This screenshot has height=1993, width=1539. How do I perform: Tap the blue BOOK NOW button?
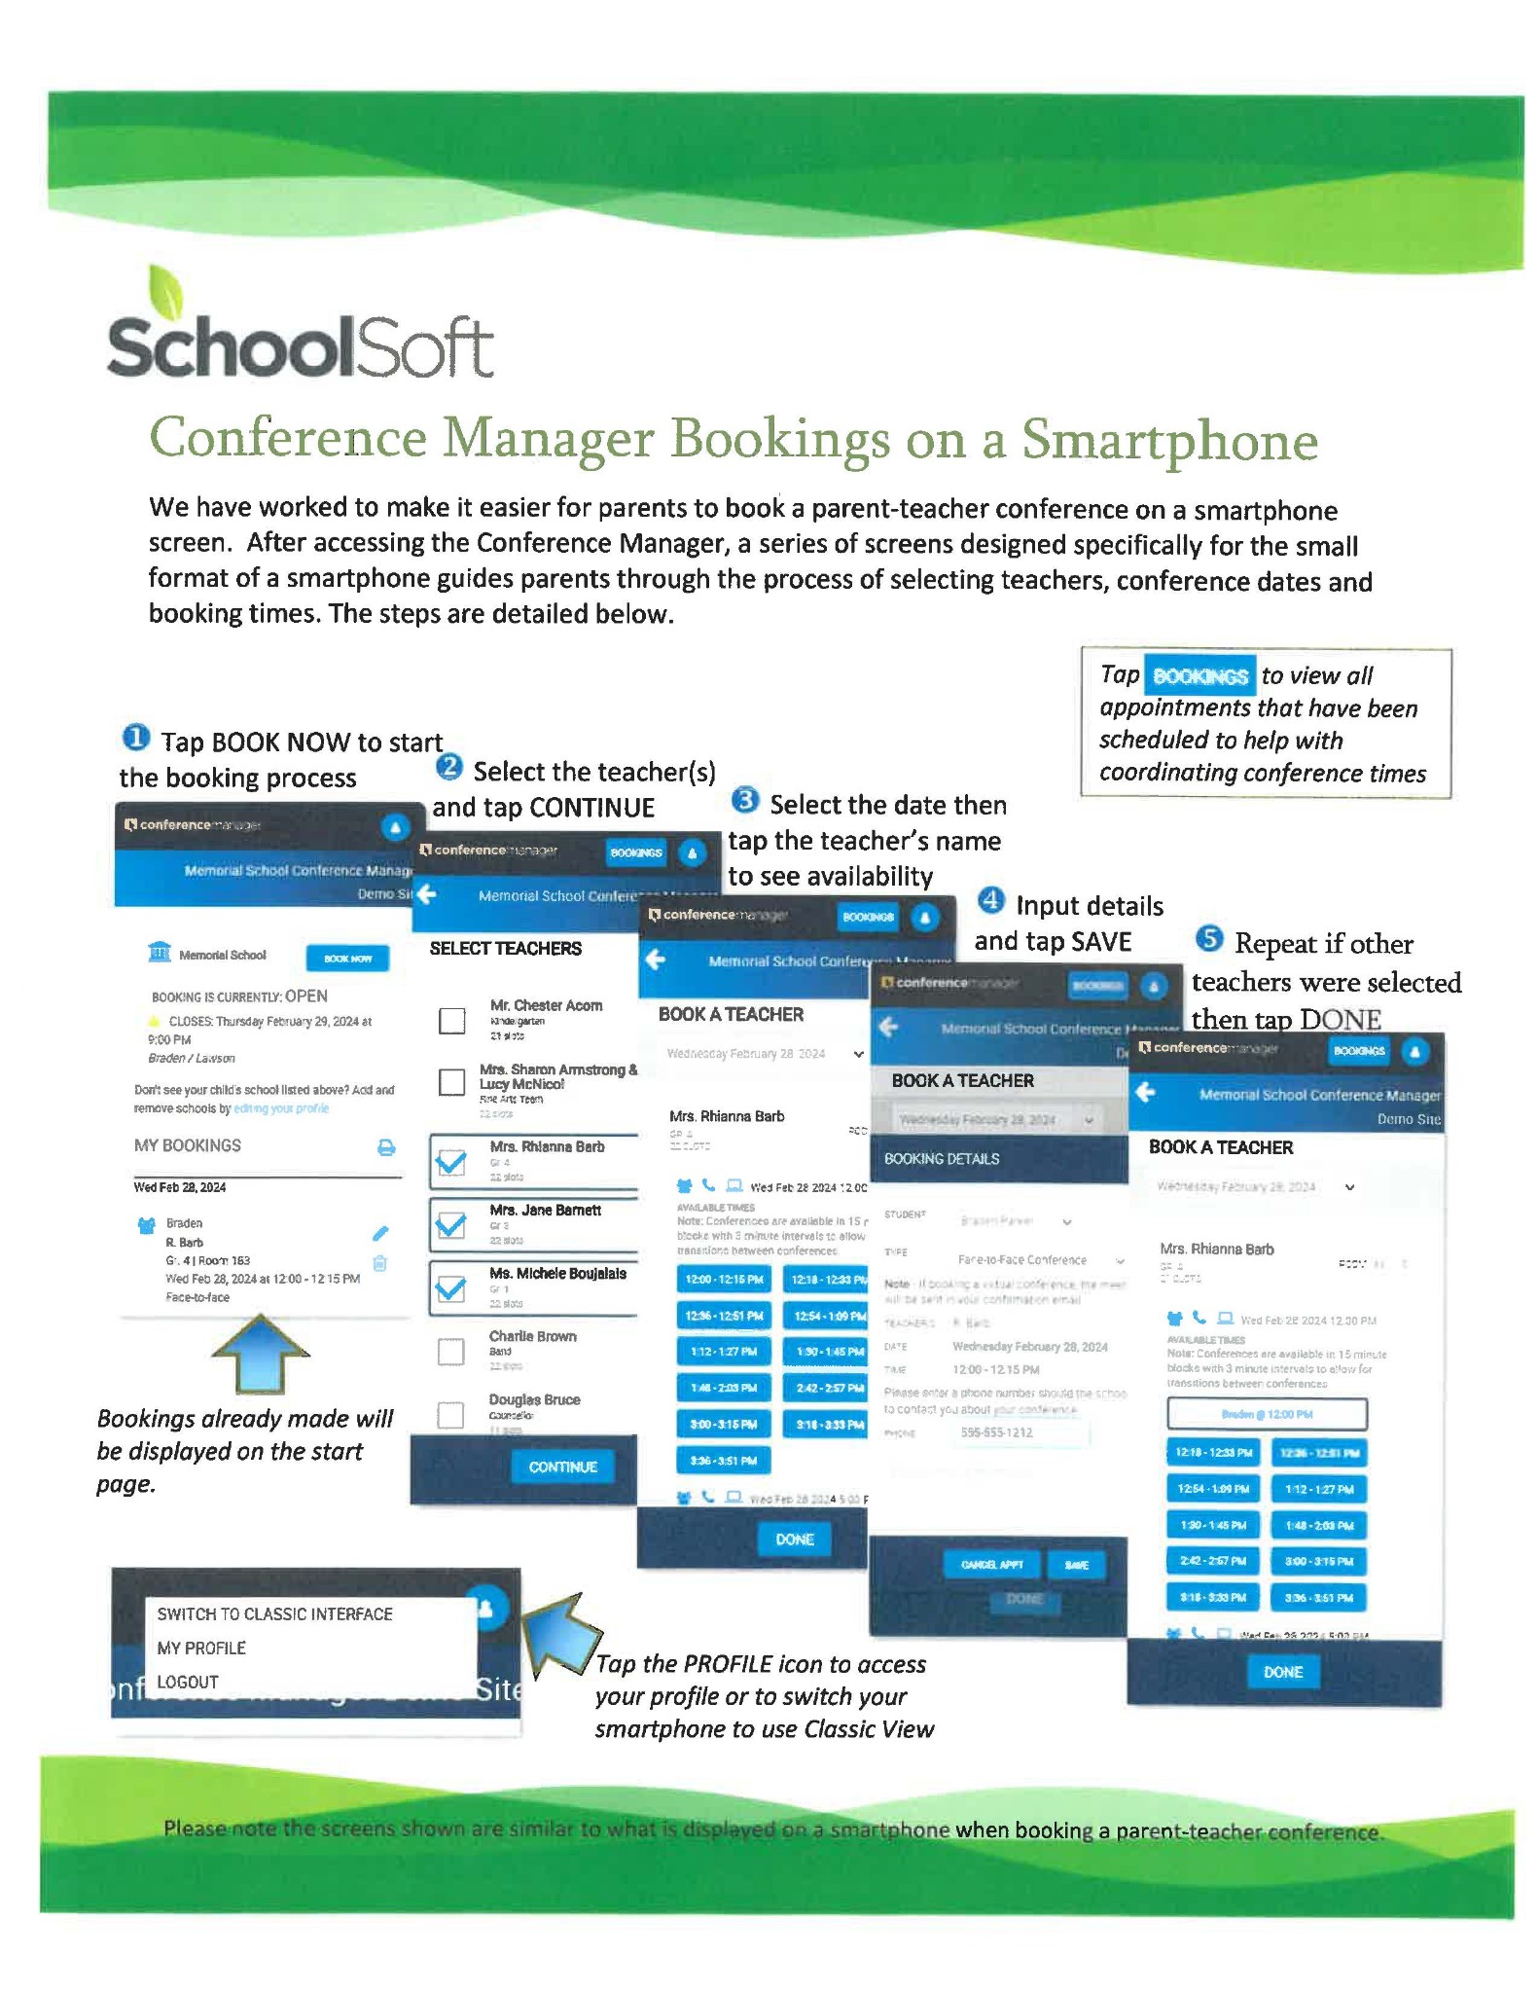pos(347,959)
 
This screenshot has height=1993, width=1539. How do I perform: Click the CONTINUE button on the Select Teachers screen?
pos(562,1467)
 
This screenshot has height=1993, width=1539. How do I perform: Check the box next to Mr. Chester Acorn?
pos(451,1020)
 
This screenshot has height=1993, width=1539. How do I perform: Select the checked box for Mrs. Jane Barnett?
pos(450,1225)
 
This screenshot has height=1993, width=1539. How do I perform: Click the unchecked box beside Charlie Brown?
pos(450,1352)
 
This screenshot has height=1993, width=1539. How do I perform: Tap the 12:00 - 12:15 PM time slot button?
pos(724,1280)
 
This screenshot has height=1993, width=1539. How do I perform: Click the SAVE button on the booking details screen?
pos(1076,1565)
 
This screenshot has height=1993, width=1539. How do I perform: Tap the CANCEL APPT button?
pos(991,1565)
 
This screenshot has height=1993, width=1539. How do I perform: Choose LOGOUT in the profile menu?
pos(188,1682)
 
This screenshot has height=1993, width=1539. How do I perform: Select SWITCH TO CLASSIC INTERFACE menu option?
pos(274,1613)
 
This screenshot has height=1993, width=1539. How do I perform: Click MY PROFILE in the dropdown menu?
pos(201,1648)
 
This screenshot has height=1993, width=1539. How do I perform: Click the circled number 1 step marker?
pos(135,738)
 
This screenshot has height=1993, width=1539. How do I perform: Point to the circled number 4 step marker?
pos(990,900)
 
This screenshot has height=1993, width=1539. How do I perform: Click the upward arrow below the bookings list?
pos(260,1354)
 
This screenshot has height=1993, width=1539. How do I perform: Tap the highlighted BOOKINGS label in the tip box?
pos(1199,676)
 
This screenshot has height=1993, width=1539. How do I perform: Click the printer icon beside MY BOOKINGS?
pos(386,1147)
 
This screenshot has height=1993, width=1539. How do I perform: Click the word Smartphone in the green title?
pos(1169,440)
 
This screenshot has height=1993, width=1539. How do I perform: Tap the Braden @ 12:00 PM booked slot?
pos(1266,1414)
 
